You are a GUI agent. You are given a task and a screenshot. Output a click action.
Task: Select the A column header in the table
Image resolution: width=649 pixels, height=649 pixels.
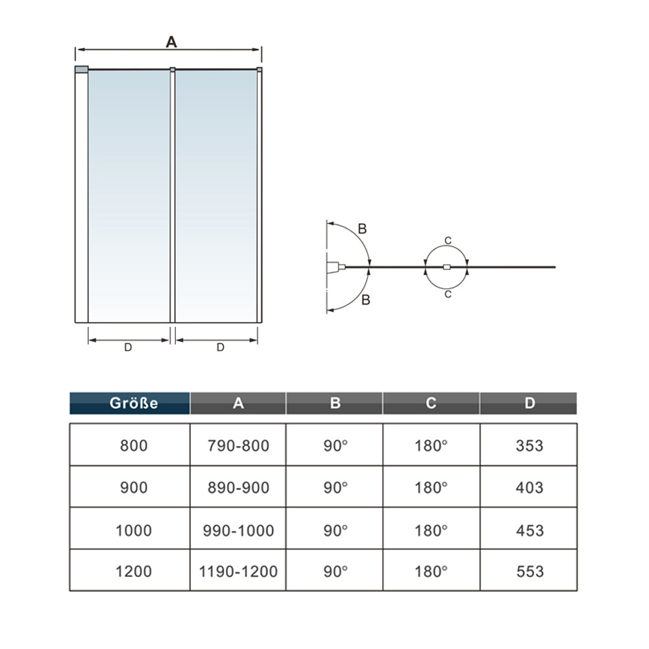tap(238, 403)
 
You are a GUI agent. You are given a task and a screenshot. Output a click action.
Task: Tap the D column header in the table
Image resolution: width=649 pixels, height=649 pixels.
tap(529, 403)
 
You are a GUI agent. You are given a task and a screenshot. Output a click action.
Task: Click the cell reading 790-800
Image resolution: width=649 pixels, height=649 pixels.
tap(238, 446)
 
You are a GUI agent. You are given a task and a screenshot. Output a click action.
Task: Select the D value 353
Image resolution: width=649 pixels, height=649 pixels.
tap(530, 446)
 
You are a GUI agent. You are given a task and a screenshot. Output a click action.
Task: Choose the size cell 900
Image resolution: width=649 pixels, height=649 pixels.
tap(134, 487)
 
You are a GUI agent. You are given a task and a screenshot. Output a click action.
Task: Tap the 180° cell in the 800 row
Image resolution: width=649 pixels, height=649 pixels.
tap(431, 446)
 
